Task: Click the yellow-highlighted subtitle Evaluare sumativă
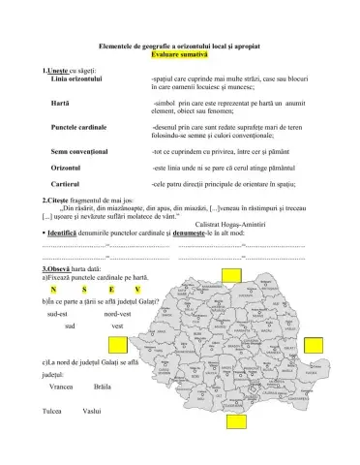[180, 57]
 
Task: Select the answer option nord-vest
[117, 315]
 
